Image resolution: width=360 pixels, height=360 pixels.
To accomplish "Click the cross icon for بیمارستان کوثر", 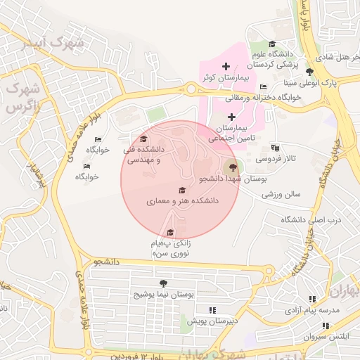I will tap(226, 66).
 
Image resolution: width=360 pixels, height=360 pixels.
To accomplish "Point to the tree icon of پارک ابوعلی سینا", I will tap(310, 72).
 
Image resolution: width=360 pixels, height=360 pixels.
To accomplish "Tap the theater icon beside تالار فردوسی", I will tap(275, 148).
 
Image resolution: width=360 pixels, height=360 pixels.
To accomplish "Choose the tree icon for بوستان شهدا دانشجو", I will tap(233, 167).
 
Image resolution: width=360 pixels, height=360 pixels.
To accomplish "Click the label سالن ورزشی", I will tap(282, 193).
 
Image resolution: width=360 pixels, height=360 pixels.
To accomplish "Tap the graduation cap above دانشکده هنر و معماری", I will tap(183, 190).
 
